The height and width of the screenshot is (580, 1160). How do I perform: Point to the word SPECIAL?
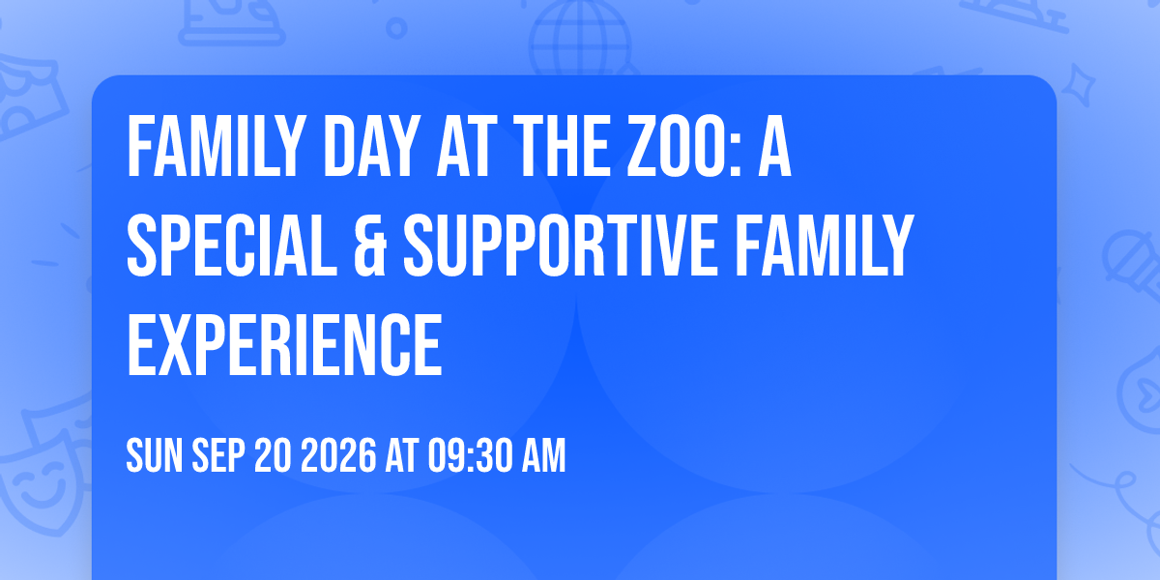click(231, 246)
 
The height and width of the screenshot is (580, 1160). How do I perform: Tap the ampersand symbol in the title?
click(369, 246)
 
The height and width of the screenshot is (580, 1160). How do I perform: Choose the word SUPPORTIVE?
click(561, 246)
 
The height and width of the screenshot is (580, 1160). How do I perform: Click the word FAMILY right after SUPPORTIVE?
click(824, 246)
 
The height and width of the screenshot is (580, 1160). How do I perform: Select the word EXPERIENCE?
click(285, 345)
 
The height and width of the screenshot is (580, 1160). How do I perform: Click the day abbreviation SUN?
click(155, 455)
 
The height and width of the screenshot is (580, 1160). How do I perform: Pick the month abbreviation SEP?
click(218, 455)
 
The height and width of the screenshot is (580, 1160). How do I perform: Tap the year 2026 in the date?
click(338, 455)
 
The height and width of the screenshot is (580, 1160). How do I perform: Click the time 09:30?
click(470, 455)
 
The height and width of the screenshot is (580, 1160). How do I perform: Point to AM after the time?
click(543, 455)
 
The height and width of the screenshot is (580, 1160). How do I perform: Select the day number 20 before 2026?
click(273, 455)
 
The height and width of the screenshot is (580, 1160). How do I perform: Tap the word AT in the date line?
click(402, 455)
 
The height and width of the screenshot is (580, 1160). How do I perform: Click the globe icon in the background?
click(580, 39)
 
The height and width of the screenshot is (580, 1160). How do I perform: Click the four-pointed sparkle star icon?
click(1078, 85)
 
